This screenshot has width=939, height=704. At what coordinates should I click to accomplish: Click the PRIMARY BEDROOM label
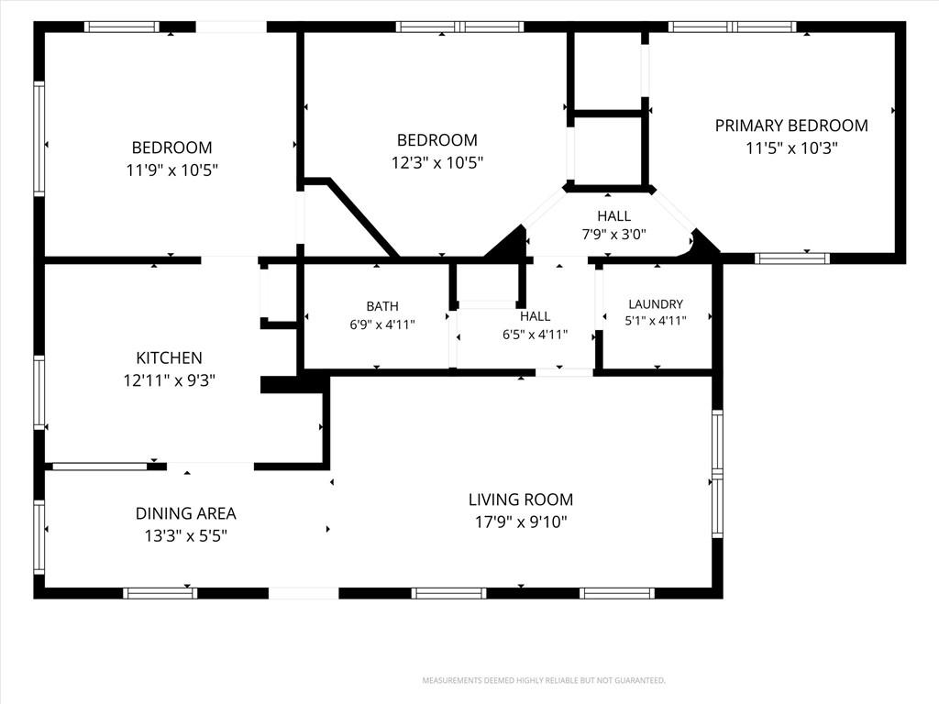point(791,126)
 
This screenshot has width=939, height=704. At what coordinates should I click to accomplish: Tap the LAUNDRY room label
point(656,304)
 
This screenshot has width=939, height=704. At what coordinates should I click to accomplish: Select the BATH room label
point(382,306)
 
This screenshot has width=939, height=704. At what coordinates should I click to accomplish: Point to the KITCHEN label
point(169,358)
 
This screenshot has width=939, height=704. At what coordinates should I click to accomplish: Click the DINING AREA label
point(185,513)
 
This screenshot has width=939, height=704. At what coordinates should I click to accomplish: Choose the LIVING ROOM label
point(521,500)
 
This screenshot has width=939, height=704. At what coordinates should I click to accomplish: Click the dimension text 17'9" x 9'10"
point(521,522)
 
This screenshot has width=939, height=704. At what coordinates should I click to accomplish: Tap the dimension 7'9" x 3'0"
point(613,234)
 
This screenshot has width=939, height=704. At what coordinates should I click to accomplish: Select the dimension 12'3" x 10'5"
point(437,163)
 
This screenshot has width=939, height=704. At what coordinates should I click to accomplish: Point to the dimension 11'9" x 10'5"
point(171,170)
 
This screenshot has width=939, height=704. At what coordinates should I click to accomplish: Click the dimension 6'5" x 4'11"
point(535,335)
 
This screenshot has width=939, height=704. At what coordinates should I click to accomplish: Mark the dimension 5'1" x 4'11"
point(656,321)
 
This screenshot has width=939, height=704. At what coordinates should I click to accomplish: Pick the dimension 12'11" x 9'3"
point(169,380)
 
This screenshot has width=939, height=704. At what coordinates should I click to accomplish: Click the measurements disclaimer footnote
point(544,681)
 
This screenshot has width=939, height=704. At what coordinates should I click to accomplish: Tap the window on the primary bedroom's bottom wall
point(791,258)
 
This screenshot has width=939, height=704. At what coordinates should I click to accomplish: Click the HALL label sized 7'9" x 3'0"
point(613,216)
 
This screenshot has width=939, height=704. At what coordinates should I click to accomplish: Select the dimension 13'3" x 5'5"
point(185,535)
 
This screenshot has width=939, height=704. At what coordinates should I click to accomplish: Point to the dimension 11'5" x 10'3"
point(791,148)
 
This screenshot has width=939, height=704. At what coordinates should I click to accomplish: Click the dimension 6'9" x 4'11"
point(382,324)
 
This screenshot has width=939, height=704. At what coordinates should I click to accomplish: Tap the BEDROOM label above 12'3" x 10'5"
point(437,140)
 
